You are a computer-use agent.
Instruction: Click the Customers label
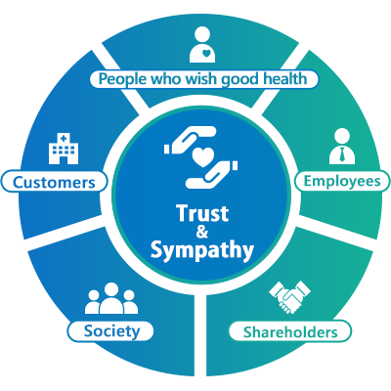[54, 182]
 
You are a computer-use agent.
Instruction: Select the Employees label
[342, 181]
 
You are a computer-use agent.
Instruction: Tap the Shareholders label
[290, 331]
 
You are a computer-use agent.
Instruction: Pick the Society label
[110, 331]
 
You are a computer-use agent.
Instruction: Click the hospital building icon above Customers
[64, 149]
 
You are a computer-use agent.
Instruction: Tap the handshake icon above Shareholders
[289, 297]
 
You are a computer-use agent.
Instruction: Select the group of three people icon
[111, 298]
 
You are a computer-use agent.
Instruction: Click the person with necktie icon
[342, 147]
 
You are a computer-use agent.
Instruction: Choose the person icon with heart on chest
[202, 45]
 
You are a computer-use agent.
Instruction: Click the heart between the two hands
[202, 157]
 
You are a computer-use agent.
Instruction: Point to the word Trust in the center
[202, 213]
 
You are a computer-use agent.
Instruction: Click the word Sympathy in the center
[202, 250]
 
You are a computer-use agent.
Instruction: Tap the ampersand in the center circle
[202, 232]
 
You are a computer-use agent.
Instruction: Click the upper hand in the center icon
[191, 140]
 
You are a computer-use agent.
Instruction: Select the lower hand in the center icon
[212, 174]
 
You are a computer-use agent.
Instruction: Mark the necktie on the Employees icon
[342, 154]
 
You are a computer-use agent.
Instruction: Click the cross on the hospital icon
[64, 138]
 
